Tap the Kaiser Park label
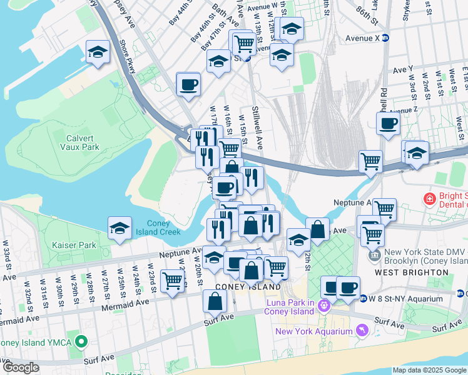click(74, 245)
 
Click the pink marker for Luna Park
click(323, 305)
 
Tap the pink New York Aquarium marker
click(361, 329)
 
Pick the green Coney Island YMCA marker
click(80, 342)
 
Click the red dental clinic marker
click(429, 199)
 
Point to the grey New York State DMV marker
click(374, 255)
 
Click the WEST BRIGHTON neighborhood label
click(412, 272)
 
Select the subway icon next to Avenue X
click(386, 37)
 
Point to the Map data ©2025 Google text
click(429, 370)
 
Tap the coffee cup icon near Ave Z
click(388, 124)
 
